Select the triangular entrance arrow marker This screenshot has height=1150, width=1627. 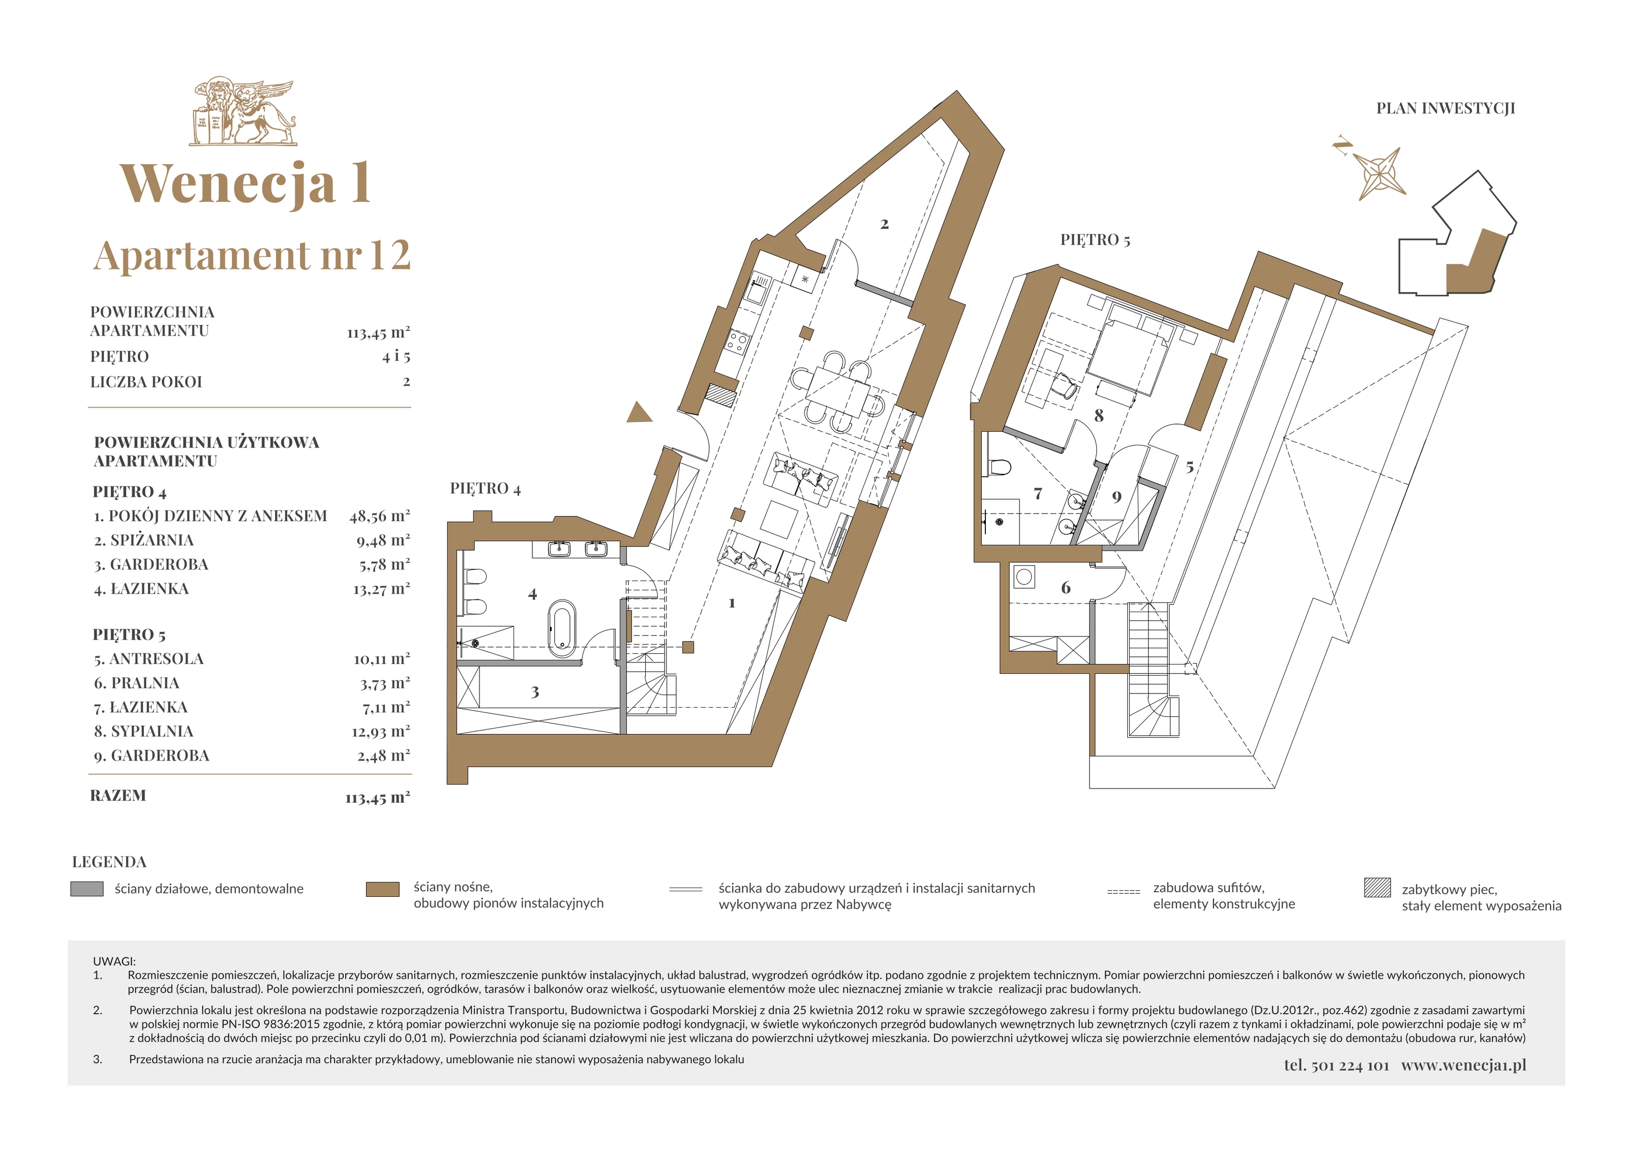(639, 412)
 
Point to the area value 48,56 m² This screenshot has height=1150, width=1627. (379, 516)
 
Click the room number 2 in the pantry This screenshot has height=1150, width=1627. (884, 224)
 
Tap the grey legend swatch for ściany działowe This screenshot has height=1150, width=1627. (87, 889)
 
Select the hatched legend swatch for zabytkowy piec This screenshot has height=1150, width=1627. (1377, 888)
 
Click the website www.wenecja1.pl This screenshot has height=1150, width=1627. (1463, 1065)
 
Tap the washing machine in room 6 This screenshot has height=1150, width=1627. (1023, 577)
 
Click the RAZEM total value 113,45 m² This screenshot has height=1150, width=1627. (378, 797)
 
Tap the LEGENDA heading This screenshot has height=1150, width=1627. (109, 862)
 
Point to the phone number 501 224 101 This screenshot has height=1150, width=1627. (1350, 1066)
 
